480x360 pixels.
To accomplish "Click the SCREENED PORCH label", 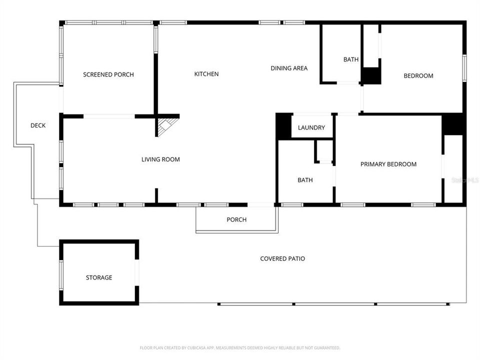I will (108, 74).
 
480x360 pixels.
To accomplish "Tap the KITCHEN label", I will (206, 74).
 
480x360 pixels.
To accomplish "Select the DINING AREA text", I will (289, 68).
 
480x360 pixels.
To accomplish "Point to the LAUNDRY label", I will (311, 127).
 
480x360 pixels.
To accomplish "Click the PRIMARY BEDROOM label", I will (388, 164).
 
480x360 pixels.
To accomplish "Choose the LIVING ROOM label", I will (160, 159).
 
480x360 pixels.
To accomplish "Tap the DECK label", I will (38, 125).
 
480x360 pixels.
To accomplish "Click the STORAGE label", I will (99, 277).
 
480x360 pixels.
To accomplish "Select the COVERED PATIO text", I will (282, 258).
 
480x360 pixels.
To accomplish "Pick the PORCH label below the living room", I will (236, 219).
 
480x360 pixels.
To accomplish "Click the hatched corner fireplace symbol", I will (167, 126).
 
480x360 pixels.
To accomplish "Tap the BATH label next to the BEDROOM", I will (351, 59).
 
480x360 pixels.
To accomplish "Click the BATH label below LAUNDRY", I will (305, 180).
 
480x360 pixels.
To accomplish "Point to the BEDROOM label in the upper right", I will (418, 76).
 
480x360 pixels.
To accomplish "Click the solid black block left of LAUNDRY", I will (283, 125).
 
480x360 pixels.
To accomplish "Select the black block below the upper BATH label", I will (371, 75).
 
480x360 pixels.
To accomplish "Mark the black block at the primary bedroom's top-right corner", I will (453, 124).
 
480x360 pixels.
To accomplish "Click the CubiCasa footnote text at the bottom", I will (240, 347).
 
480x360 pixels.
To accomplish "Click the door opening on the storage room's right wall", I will (136, 272).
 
